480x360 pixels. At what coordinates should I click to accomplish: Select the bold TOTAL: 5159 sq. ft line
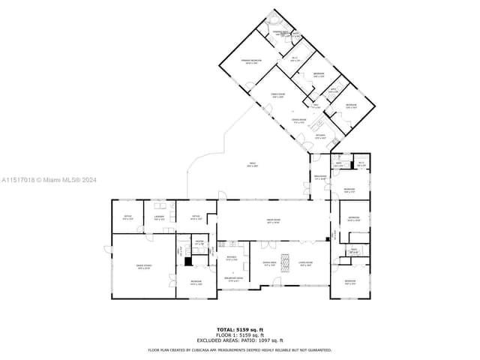pos(240,329)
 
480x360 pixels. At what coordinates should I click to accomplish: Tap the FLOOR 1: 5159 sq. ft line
pos(240,334)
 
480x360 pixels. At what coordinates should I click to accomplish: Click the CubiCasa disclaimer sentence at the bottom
pos(240,349)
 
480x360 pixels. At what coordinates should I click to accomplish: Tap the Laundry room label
pos(159,218)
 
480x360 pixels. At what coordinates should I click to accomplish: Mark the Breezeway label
pos(320,178)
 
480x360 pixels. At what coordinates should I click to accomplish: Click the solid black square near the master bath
pos(188,261)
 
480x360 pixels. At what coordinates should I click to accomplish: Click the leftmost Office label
pos(127,218)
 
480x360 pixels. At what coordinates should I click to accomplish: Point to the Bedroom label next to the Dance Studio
pos(196,283)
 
